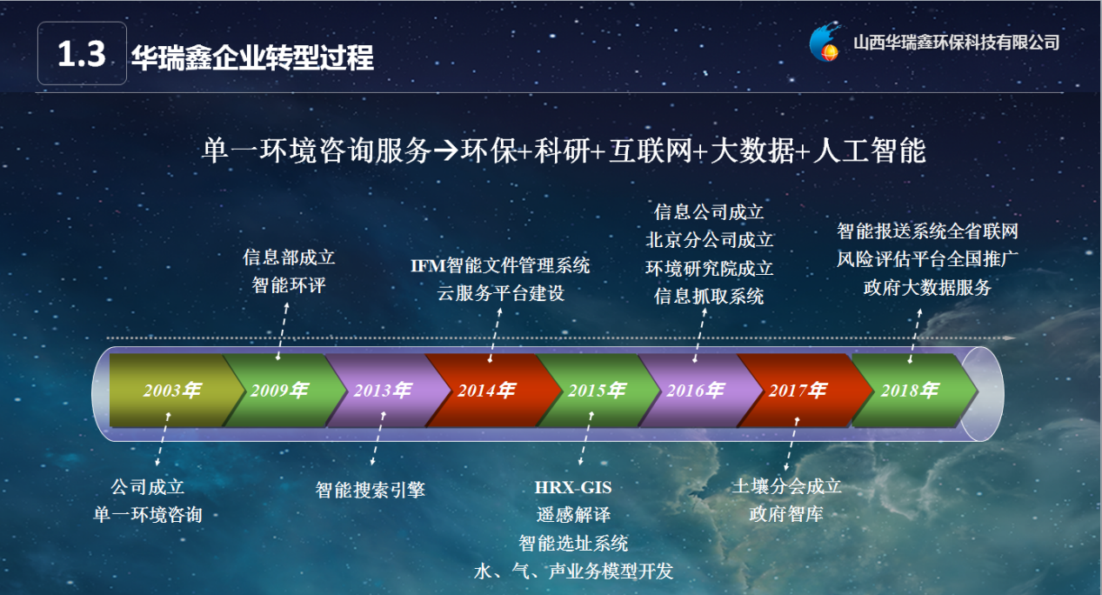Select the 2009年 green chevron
[x=283, y=391]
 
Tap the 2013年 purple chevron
[x=386, y=391]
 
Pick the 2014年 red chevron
[x=491, y=391]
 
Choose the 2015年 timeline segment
[x=598, y=391]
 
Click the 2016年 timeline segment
[x=698, y=391]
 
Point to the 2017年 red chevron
[x=802, y=391]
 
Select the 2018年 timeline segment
[x=912, y=391]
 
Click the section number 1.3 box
[x=82, y=53]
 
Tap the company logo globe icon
[x=825, y=43]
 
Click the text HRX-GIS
[x=573, y=487]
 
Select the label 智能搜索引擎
[x=370, y=490]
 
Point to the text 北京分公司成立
[x=709, y=240]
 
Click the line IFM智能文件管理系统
[x=500, y=266]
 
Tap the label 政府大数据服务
[x=927, y=287]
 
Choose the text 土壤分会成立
[x=786, y=486]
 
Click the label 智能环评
[x=289, y=285]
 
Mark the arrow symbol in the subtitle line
[x=445, y=150]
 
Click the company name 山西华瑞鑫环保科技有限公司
[x=957, y=43]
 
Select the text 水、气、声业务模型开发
[x=573, y=571]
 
